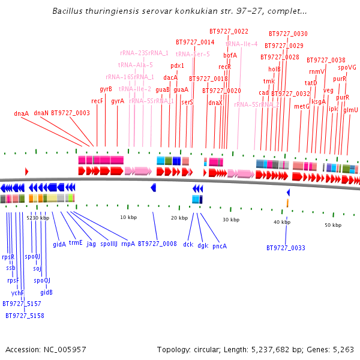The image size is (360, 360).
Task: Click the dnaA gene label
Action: click(22, 113)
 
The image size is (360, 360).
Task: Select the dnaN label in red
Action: click(41, 113)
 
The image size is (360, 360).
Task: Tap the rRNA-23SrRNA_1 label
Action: click(145, 53)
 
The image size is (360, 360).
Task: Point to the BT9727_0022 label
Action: click(229, 31)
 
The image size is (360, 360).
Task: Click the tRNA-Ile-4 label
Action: click(242, 44)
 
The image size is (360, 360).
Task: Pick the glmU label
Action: click(350, 110)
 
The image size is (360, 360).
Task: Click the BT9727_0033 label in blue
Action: click(286, 248)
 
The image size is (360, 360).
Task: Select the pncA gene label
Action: click(220, 245)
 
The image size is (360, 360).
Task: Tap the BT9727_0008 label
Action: click(157, 244)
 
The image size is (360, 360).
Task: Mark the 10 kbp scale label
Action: click(129, 217)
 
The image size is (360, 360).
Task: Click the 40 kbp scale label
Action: click(282, 222)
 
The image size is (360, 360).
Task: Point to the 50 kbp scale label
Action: click(332, 225)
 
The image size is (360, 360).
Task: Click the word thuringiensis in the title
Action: click(104, 11)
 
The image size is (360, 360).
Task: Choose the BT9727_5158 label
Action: click(25, 316)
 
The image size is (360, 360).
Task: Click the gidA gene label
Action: click(59, 244)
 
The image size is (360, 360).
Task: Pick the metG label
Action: click(301, 106)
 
